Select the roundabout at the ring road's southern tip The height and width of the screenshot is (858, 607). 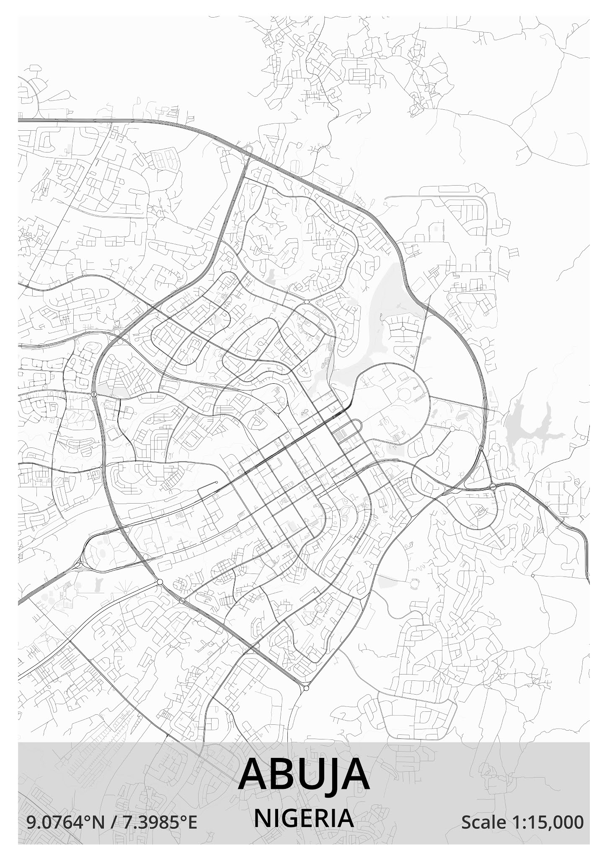pos(306,688)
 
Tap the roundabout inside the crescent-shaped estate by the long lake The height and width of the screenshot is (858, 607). pos(403,329)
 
